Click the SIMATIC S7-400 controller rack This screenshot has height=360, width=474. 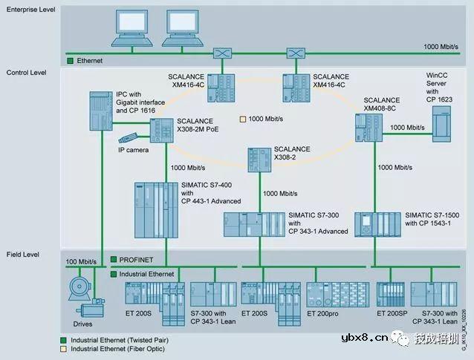coord(155,209)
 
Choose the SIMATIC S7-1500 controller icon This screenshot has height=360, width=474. coord(377,223)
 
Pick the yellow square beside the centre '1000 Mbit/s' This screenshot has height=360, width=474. coord(241,119)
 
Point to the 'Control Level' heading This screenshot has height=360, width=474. coord(26,73)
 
